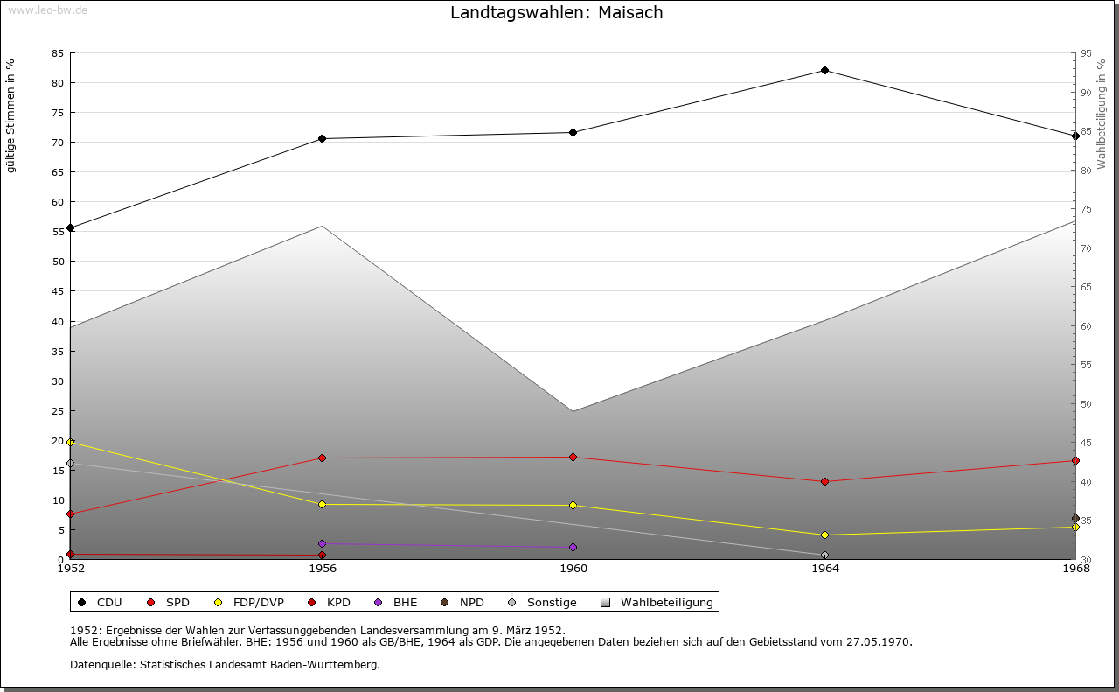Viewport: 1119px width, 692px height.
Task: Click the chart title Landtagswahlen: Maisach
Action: tap(557, 13)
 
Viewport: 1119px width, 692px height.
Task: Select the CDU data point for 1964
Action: tap(824, 70)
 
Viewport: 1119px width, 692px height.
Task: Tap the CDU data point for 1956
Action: tap(323, 138)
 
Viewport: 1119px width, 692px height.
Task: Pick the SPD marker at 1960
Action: tap(573, 457)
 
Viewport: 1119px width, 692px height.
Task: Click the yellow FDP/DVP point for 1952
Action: tap(71, 442)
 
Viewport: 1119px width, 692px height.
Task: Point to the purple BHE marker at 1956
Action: tap(323, 543)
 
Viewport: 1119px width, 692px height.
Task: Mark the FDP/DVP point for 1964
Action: tap(824, 535)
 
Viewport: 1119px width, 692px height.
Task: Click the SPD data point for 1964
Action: tap(824, 481)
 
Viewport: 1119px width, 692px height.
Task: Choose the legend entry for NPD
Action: tap(462, 602)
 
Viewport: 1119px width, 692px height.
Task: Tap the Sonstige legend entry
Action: tap(543, 602)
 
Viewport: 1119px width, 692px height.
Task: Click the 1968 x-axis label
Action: tap(1075, 569)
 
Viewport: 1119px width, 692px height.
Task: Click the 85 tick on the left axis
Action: tap(58, 53)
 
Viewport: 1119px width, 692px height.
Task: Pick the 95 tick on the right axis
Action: tap(1086, 53)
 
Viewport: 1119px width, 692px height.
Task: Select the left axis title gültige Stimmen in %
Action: tap(11, 115)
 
